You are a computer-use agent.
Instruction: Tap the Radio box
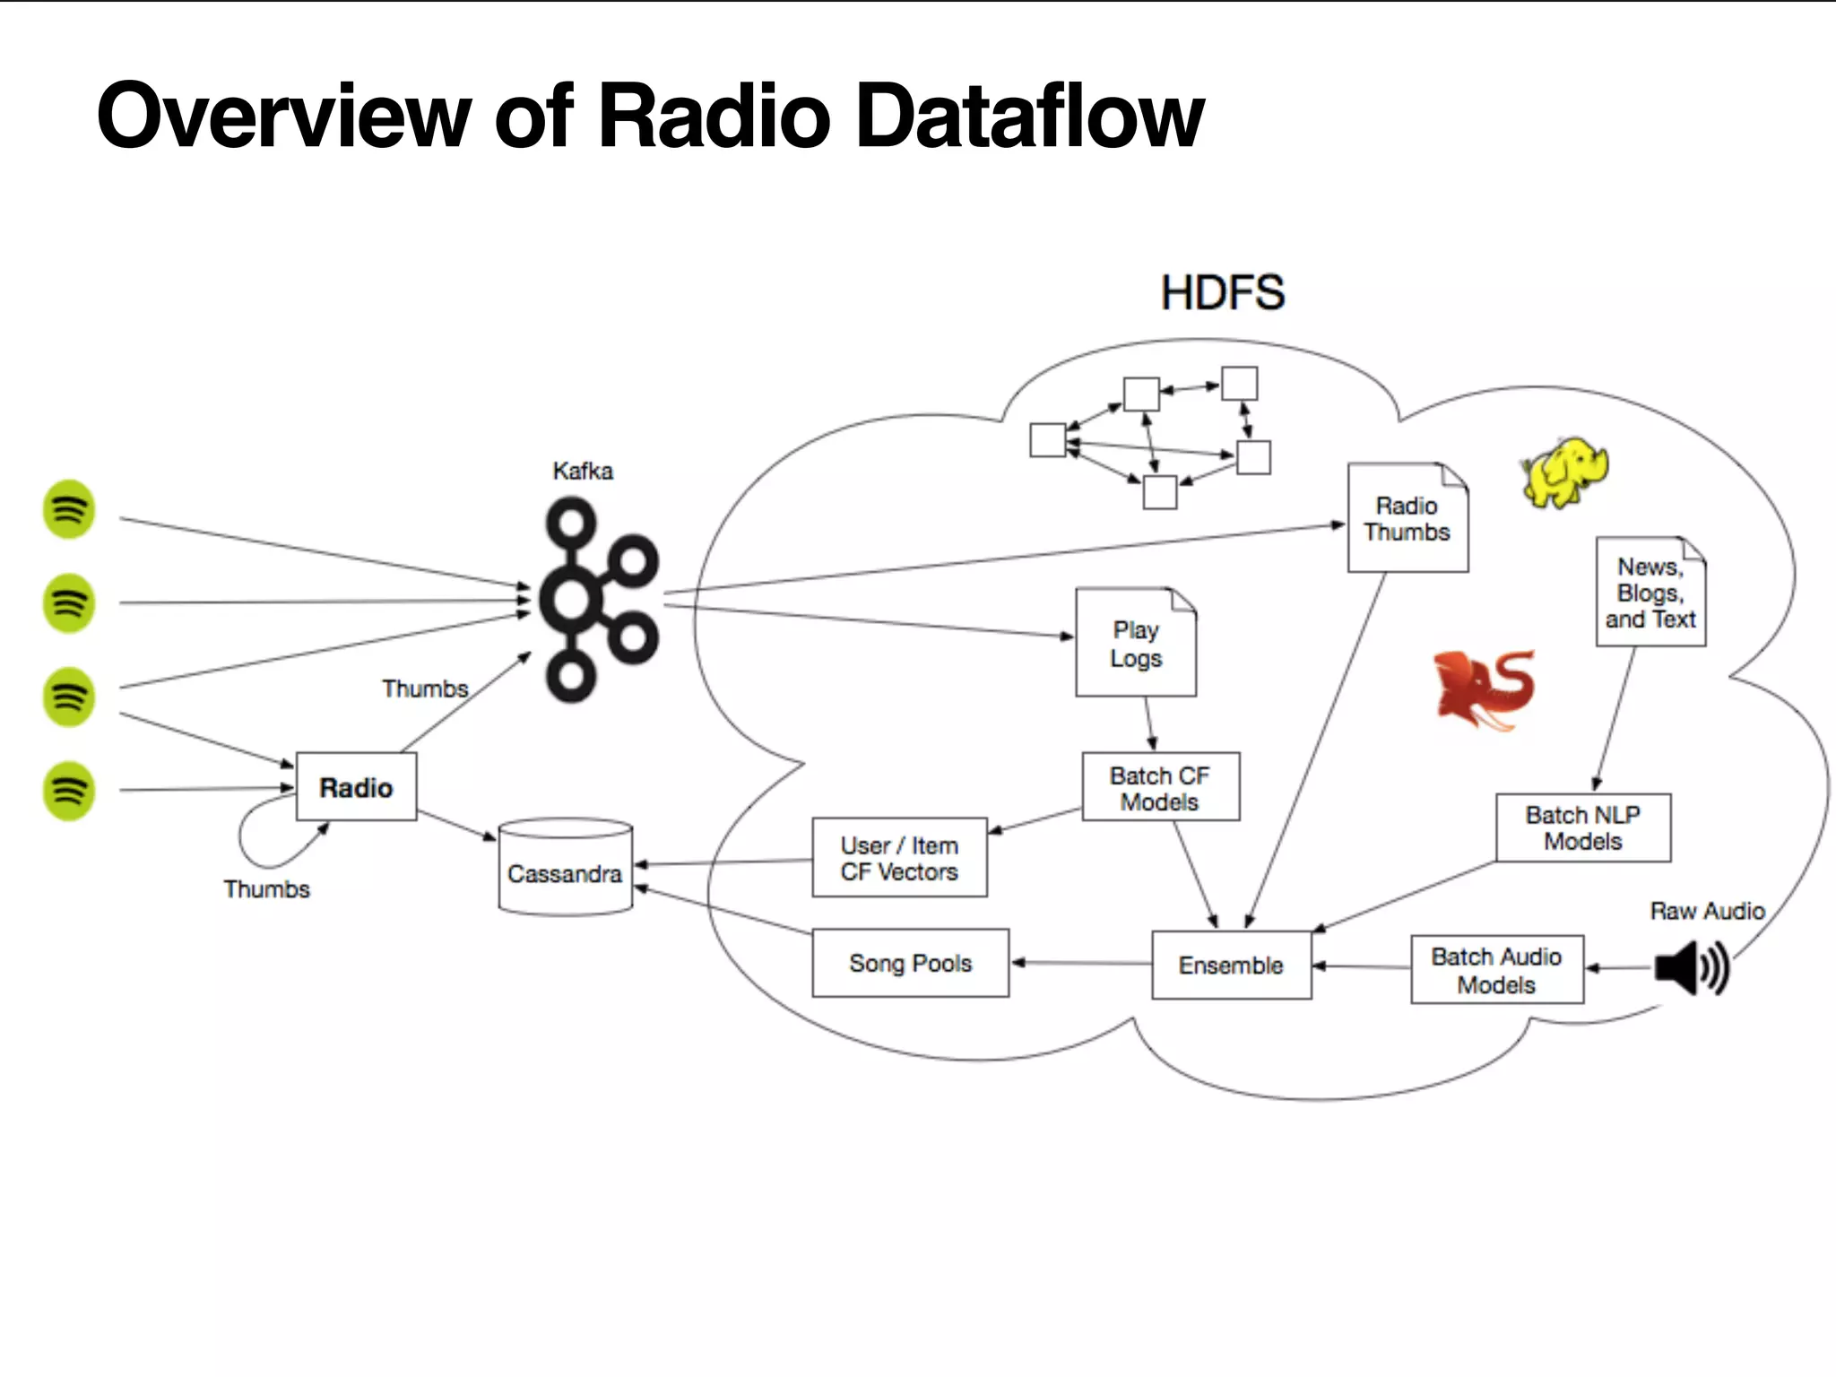[x=356, y=786]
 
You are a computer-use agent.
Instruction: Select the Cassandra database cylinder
[x=565, y=867]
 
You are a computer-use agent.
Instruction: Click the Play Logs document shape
[x=1135, y=643]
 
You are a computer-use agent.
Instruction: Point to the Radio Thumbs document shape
[x=1407, y=518]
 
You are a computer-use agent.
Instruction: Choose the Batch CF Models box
[x=1160, y=787]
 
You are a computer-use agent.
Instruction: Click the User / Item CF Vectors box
[x=899, y=857]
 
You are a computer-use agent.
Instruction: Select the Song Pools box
[x=910, y=963]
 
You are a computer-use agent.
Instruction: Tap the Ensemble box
[x=1231, y=965]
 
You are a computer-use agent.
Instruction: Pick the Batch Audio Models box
[x=1496, y=969]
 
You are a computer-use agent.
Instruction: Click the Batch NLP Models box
[x=1582, y=827]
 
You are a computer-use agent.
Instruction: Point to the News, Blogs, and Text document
[x=1650, y=593]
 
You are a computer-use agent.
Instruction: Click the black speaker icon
[x=1691, y=967]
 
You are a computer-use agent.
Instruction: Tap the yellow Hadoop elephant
[x=1564, y=472]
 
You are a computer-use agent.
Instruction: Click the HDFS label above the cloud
[x=1222, y=293]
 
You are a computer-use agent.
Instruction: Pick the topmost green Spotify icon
[x=69, y=509]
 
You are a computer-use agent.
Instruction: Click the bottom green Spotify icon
[x=69, y=790]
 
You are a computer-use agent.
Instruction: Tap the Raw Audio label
[x=1707, y=911]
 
